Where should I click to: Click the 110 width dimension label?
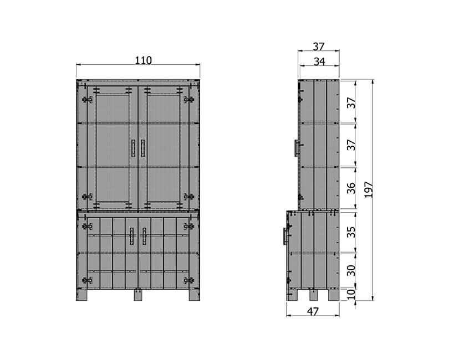(x=143, y=60)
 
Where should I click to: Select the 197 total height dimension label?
(x=368, y=189)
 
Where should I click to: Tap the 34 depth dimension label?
(x=319, y=61)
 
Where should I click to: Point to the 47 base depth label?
(x=313, y=311)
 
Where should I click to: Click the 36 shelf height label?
(x=351, y=188)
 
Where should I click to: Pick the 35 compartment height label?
(x=351, y=232)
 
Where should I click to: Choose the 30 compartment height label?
(x=351, y=270)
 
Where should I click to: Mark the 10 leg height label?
(x=351, y=294)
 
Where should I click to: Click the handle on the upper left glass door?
(x=133, y=148)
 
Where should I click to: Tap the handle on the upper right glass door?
(x=143, y=148)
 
